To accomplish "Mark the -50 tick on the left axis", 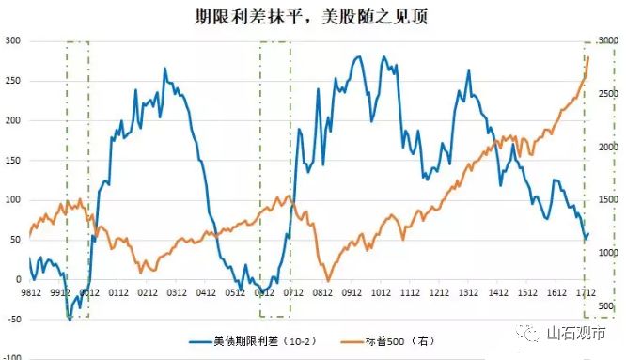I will pyautogui.click(x=11, y=319).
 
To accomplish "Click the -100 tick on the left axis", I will pyautogui.click(x=12, y=358).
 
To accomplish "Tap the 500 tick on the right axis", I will pyautogui.click(x=604, y=306).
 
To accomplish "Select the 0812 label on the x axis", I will pyautogui.click(x=325, y=292).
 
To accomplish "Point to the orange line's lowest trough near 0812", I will pyautogui.click(x=327, y=280).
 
